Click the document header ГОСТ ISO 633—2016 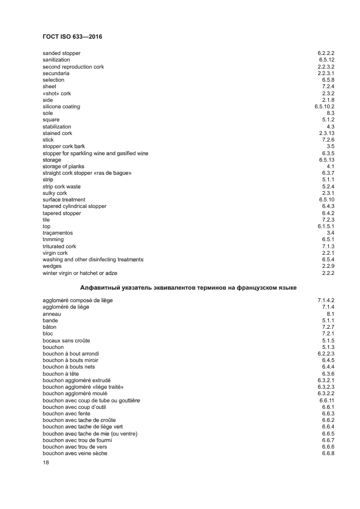coord(72,37)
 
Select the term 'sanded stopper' coord(62,53)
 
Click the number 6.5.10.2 coord(324,107)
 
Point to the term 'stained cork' coord(57,133)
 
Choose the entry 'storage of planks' coord(62,167)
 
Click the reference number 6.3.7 coord(328,173)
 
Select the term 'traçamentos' coord(58,233)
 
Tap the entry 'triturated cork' coord(59,247)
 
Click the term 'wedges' coord(52,266)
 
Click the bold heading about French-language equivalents coord(188,287)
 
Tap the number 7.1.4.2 coord(326,301)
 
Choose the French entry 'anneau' coord(52,314)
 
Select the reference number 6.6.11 coord(327,400)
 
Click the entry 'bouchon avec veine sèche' coord(75,453)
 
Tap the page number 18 coord(46,463)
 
